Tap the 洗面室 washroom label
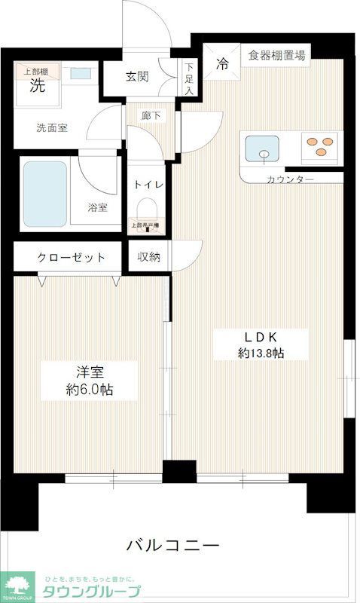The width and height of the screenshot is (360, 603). (51, 127)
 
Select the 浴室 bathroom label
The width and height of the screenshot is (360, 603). (96, 207)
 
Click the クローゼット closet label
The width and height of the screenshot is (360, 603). (71, 257)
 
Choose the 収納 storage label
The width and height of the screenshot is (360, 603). (148, 257)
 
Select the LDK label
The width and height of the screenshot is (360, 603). (261, 335)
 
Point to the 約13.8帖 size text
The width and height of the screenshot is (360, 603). (261, 353)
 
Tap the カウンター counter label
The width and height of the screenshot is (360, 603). (290, 179)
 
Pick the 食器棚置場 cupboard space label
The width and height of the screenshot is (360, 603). (277, 54)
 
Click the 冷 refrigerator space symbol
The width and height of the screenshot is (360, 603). (223, 63)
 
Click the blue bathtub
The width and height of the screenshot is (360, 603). (44, 193)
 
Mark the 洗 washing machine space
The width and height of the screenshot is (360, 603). (37, 85)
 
